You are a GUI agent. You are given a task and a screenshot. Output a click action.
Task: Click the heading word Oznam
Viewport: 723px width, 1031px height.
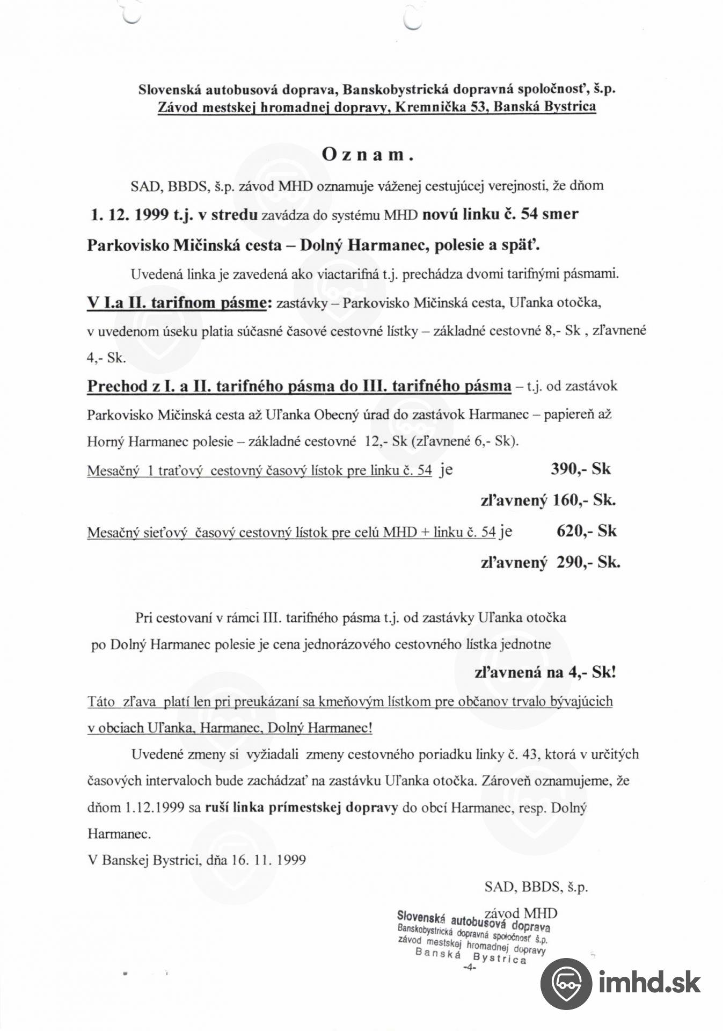[x=368, y=155]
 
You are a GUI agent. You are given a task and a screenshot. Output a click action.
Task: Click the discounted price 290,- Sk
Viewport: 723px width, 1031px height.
[x=588, y=562]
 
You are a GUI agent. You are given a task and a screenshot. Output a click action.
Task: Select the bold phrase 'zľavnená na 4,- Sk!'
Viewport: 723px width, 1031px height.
[x=545, y=672]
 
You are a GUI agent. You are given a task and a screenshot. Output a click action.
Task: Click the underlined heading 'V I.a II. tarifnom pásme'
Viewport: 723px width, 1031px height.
[x=177, y=303]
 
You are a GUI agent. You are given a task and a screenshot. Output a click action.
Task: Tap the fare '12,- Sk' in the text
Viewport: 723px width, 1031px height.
[x=383, y=441]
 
